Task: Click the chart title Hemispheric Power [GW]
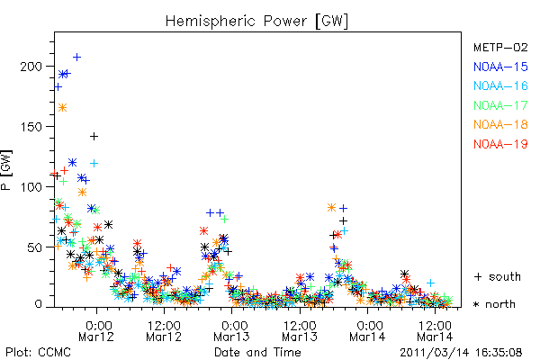click(256, 21)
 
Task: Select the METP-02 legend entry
click(500, 47)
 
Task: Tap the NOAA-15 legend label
click(500, 67)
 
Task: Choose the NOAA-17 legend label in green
click(500, 105)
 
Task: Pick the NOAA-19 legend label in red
click(500, 144)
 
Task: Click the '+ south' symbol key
click(498, 276)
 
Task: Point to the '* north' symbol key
click(494, 304)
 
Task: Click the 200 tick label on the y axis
click(31, 66)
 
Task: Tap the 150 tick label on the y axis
click(31, 126)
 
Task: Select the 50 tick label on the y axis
click(35, 247)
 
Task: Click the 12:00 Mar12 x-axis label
click(164, 330)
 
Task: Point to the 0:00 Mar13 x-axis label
click(231, 330)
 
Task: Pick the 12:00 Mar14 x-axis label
click(435, 330)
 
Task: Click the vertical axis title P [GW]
click(6, 170)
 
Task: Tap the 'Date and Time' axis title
click(257, 353)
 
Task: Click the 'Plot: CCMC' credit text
click(38, 353)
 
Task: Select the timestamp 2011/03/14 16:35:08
click(461, 353)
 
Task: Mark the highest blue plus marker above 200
click(76, 57)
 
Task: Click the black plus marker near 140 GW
click(94, 137)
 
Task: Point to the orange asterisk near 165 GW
click(62, 108)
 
